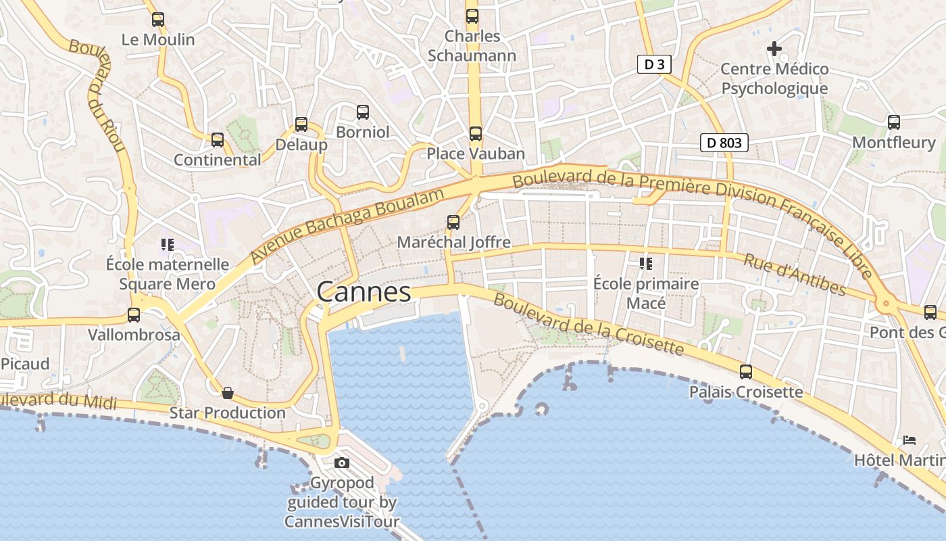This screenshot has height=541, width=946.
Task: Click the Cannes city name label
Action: tap(364, 292)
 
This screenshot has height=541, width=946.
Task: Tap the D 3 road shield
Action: tap(654, 64)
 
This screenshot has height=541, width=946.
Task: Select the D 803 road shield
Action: tap(724, 143)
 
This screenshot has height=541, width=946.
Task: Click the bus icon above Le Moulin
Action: tap(158, 20)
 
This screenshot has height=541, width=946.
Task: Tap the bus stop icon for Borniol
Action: tap(363, 112)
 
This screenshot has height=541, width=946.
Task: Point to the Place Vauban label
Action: tap(476, 154)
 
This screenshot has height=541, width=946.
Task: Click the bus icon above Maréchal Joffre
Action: tap(453, 222)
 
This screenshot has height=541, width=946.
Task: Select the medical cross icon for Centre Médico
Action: tap(774, 49)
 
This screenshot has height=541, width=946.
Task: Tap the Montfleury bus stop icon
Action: tap(894, 122)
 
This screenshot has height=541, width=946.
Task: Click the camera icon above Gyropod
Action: tap(342, 463)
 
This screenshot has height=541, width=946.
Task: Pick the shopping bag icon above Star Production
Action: tap(228, 393)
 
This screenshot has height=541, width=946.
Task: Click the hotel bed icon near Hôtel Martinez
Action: tap(910, 440)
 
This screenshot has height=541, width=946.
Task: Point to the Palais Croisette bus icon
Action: tap(746, 371)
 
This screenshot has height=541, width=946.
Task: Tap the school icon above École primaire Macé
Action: tap(645, 263)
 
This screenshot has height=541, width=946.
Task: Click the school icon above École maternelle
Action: tap(167, 244)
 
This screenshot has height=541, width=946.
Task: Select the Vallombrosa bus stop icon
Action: tap(134, 314)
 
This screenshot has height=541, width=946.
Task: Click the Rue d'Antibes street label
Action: tap(795, 274)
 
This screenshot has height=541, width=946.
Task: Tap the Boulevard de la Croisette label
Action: tap(588, 324)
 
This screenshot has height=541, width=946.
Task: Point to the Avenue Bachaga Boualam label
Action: tap(347, 226)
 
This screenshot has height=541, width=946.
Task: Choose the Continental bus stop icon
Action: tap(218, 140)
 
